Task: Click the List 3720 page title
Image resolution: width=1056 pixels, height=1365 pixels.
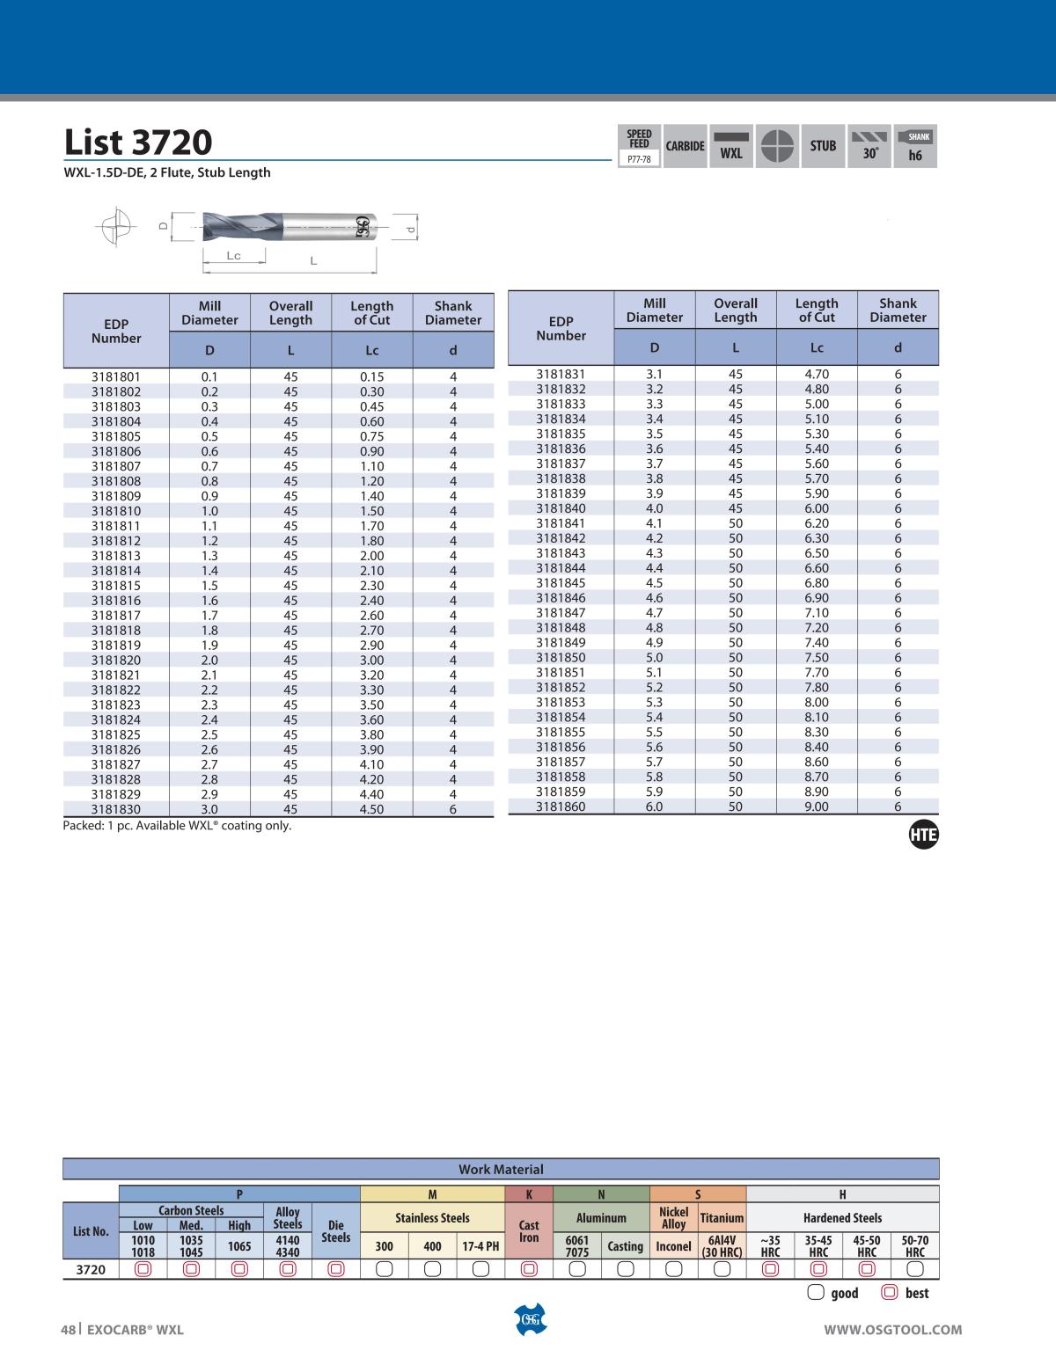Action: (138, 142)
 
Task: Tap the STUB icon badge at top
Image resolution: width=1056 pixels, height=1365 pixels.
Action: (823, 146)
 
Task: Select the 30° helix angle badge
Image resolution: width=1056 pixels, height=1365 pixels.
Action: (869, 146)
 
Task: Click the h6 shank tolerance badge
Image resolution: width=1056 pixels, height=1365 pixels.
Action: (915, 146)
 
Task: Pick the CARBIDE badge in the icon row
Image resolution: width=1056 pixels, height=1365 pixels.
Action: (685, 146)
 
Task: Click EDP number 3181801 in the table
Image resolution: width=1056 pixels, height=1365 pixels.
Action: (116, 376)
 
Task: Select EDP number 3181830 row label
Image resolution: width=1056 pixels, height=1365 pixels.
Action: (116, 809)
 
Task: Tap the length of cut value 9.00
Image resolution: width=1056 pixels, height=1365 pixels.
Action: (816, 807)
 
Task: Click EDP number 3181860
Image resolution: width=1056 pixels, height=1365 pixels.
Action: (561, 807)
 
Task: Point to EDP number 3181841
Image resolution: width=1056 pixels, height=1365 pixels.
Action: (561, 522)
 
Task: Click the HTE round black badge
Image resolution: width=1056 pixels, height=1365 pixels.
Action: (923, 836)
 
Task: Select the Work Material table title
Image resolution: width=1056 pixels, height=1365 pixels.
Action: (501, 1170)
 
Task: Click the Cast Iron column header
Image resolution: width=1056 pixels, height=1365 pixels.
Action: (529, 1230)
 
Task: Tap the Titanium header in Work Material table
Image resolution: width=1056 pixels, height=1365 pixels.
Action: (722, 1218)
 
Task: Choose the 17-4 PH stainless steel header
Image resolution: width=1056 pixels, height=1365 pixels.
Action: (480, 1246)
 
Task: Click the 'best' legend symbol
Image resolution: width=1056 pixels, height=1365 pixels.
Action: (889, 1293)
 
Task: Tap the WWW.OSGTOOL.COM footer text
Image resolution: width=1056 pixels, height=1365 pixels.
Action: (892, 1330)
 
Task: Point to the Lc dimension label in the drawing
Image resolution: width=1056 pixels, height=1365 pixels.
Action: (233, 256)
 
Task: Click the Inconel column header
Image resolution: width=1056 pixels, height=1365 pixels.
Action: (673, 1246)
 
